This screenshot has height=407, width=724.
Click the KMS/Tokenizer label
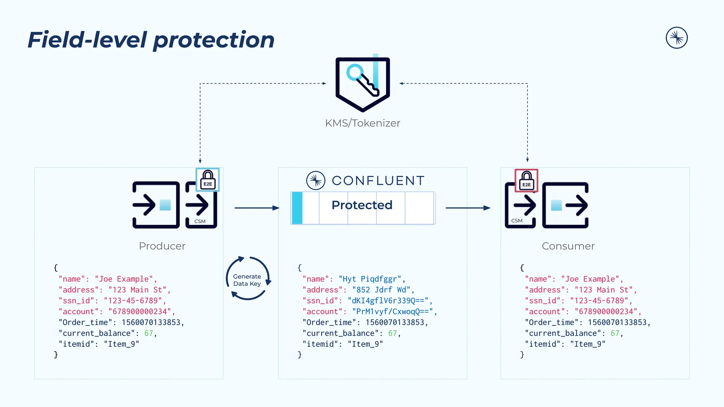[362, 123]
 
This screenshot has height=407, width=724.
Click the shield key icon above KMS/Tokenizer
[363, 84]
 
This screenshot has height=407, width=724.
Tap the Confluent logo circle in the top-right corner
[676, 38]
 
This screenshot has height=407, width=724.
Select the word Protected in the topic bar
[362, 205]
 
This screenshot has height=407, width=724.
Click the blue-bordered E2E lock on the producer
[208, 180]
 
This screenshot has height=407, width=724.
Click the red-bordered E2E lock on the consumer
[526, 181]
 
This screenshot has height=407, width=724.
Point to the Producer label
[162, 246]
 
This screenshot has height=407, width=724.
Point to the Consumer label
[568, 246]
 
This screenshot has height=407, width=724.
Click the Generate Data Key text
[247, 280]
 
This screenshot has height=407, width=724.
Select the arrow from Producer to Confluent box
[257, 208]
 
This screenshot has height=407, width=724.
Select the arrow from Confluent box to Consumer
[468, 208]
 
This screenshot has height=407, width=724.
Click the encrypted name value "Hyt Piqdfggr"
[370, 279]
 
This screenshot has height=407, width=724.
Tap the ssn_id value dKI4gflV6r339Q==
[388, 301]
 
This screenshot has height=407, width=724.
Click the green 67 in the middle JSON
[392, 333]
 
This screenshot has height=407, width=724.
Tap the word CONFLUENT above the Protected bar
[378, 181]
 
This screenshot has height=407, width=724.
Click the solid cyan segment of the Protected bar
[297, 208]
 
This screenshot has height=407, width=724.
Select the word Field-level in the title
[87, 40]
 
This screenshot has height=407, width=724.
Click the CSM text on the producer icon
[200, 222]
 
